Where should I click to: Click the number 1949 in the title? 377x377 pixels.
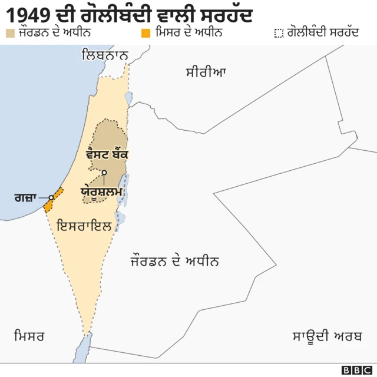coord(29,13)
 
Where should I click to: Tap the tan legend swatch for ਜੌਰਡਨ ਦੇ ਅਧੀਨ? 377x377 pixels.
coord(9,32)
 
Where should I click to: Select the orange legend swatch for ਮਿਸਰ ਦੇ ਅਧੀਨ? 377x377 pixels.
coord(145,32)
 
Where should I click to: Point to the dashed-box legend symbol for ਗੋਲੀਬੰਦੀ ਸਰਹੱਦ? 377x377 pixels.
coord(279,32)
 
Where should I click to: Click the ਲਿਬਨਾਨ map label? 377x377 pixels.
coord(105,56)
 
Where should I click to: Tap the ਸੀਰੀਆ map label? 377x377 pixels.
coord(206,72)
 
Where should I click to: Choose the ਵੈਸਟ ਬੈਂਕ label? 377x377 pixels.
coord(107,154)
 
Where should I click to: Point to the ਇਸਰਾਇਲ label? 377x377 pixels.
coord(84,224)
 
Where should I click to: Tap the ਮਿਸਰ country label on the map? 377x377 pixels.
coord(29,336)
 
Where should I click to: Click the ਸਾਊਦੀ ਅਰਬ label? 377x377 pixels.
coord(327,336)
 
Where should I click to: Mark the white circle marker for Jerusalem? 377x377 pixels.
coord(104,173)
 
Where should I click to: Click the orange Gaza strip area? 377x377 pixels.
coord(52,199)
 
